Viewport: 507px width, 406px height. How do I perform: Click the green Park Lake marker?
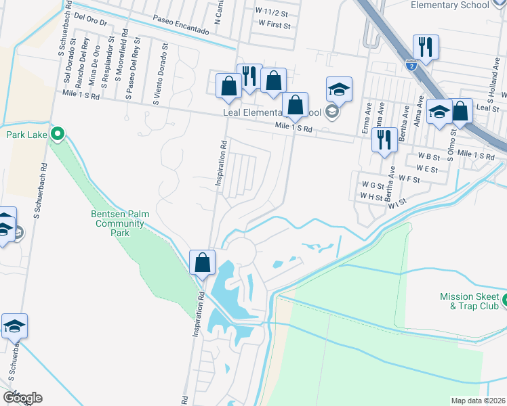(x=58, y=134)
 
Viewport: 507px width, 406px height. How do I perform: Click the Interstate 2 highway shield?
(x=410, y=65)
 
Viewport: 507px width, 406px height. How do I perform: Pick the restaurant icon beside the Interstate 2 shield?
(x=426, y=47)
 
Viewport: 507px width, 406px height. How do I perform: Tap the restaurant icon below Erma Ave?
(x=384, y=139)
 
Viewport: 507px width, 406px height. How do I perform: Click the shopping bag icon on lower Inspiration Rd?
(x=203, y=262)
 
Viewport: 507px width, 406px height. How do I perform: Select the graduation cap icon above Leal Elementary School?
(x=339, y=89)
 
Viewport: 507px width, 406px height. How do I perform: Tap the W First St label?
(x=275, y=25)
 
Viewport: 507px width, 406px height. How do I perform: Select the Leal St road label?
(x=487, y=108)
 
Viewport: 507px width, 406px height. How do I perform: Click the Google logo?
(x=22, y=397)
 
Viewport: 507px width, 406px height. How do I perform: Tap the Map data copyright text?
(x=479, y=401)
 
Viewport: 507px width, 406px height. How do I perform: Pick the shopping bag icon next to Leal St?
(x=461, y=111)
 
